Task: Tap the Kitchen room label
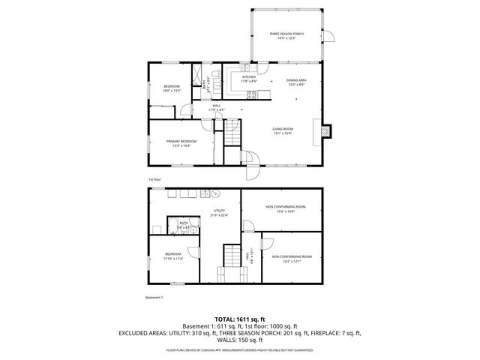pyautogui.click(x=249, y=79)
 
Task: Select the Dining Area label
pyautogui.click(x=295, y=82)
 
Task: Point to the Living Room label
pyautogui.click(x=283, y=132)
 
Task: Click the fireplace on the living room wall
pyautogui.click(x=325, y=130)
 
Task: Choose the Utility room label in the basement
pyautogui.click(x=219, y=213)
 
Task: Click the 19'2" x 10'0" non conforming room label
pyautogui.click(x=285, y=209)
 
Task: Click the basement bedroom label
pyautogui.click(x=172, y=256)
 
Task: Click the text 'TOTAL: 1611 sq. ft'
pyautogui.click(x=241, y=319)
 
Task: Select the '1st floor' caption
pyautogui.click(x=154, y=180)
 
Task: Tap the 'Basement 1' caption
pyautogui.click(x=154, y=298)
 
